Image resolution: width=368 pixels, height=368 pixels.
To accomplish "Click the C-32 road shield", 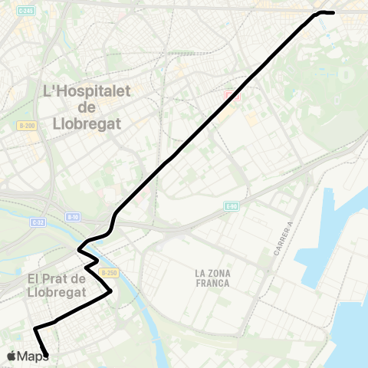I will [38, 222].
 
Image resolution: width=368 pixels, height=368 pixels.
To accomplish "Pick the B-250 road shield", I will [110, 272].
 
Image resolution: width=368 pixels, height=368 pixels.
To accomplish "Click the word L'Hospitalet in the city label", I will [83, 91].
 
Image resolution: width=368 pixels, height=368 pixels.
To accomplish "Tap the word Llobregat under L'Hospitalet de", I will [83, 123].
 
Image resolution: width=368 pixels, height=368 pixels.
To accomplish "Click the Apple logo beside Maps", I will [11, 356].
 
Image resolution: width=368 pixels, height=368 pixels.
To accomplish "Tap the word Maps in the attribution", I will [33, 356].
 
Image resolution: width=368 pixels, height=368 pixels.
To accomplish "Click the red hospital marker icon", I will [230, 97].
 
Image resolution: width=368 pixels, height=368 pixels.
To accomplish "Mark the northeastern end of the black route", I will [333, 12].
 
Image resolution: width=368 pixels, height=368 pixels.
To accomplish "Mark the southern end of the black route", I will [48, 355].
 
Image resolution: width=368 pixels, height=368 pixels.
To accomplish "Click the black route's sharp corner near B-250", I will [111, 291].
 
